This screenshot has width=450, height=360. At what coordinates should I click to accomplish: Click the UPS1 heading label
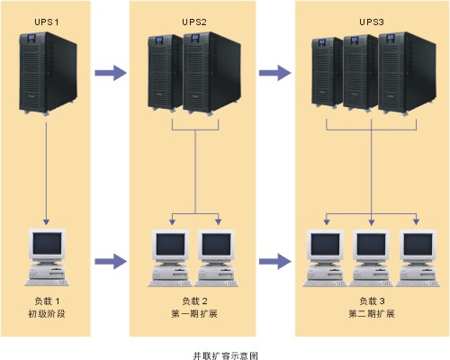pos(47,22)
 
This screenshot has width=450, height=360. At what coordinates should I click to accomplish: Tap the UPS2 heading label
pos(194,22)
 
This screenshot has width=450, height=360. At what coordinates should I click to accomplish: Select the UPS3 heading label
pos(372,22)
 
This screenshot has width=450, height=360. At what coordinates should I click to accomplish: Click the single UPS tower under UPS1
pos(48,74)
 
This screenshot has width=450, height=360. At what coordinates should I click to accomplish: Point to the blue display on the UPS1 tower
pos(31,38)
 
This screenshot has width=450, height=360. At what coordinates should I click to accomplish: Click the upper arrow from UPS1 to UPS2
pos(111,73)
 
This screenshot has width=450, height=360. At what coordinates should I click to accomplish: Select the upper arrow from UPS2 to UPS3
pos(274,73)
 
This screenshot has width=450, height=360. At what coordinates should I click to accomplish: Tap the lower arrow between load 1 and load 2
pos(111,261)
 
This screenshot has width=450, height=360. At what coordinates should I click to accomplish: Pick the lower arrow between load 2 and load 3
pos(274,261)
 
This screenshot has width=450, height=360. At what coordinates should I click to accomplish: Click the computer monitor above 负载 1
pos(47,245)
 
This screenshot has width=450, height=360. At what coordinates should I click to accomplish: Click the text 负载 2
pos(194,301)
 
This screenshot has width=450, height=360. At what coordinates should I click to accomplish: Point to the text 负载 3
pos(372,301)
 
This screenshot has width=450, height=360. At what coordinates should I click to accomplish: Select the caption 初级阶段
pos(47,314)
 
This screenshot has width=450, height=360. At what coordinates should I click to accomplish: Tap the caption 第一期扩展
pos(194,314)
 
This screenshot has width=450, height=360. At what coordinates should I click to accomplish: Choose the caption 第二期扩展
pos(372,314)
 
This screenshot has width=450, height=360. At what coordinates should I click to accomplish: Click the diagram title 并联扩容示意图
pos(225,355)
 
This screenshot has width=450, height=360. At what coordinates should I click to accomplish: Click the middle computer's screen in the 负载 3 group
pos(371,245)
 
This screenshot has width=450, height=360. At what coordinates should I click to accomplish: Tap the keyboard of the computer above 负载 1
pos(47,283)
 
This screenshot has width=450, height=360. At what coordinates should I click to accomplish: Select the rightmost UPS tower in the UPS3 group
pos(407,74)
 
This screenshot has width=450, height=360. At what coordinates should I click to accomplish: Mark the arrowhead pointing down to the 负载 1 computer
pos(46,221)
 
